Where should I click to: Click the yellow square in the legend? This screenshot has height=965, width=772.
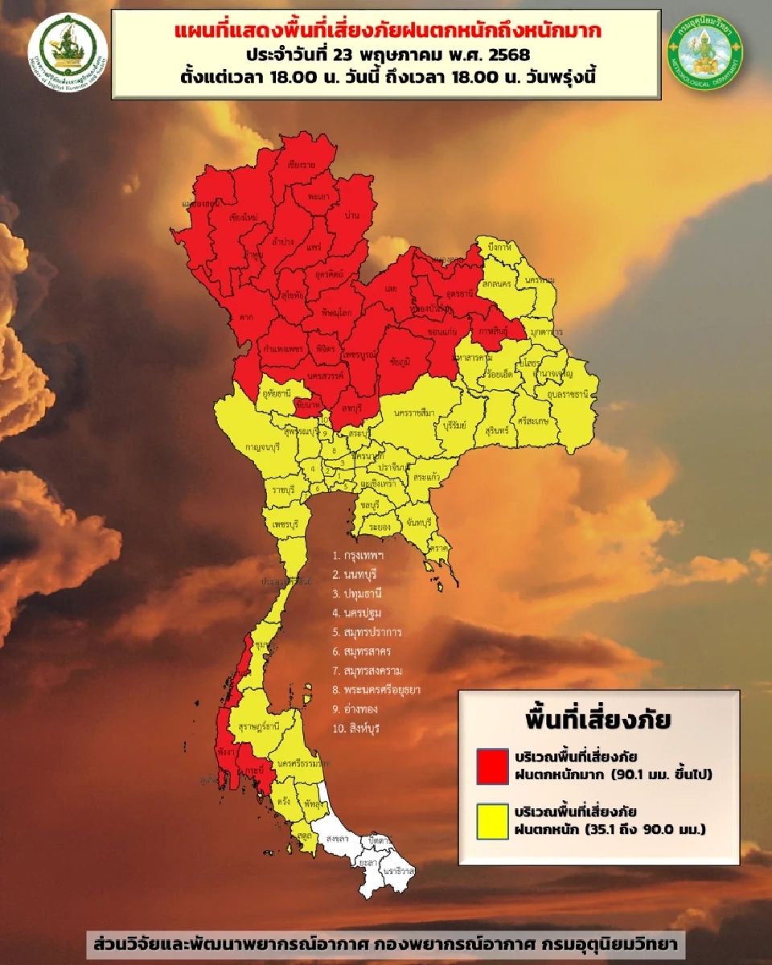coord(491,820)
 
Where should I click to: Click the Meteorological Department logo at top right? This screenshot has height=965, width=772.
coord(705,50)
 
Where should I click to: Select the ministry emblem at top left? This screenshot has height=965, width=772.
coord(68,50)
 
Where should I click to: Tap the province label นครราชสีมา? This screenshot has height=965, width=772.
coord(414,413)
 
